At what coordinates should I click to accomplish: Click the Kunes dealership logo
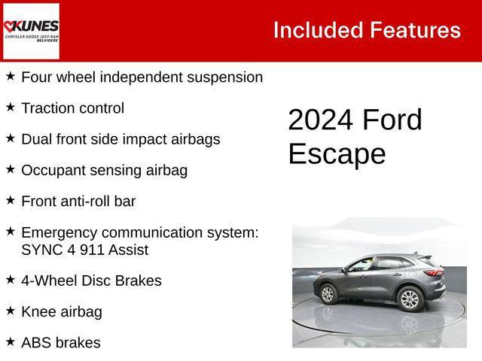pyautogui.click(x=31, y=30)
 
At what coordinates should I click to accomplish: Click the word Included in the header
pyautogui.click(x=317, y=30)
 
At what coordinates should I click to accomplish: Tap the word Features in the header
pyautogui.click(x=415, y=30)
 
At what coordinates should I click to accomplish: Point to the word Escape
pyautogui.click(x=336, y=154)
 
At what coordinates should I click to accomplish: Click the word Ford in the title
pyautogui.click(x=392, y=120)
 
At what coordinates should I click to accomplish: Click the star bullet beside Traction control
pyautogui.click(x=11, y=108)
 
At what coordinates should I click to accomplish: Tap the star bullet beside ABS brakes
pyautogui.click(x=11, y=341)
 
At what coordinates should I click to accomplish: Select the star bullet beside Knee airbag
pyautogui.click(x=11, y=311)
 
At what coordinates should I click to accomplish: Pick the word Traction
pyautogui.click(x=47, y=108)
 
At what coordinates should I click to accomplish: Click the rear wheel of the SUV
pyautogui.click(x=409, y=299)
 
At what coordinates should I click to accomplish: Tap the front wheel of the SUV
pyautogui.click(x=328, y=293)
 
